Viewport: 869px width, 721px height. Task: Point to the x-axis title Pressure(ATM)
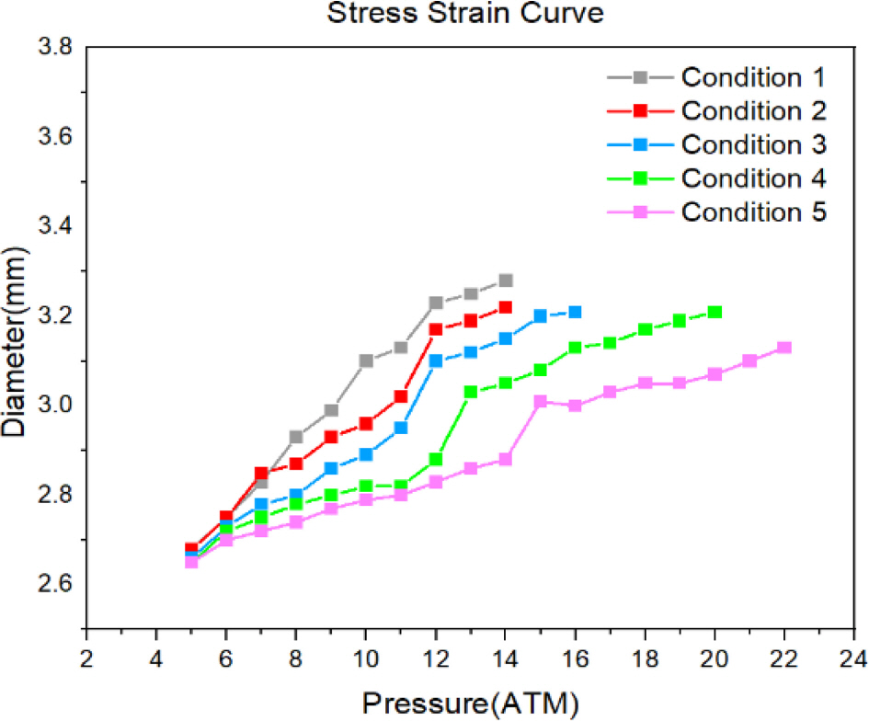click(470, 703)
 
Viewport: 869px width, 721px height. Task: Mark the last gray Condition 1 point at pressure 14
click(505, 280)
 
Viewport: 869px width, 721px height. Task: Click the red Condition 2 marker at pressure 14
click(505, 307)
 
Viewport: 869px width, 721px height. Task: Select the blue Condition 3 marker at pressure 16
click(575, 312)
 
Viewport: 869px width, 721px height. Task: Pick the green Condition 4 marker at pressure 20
click(715, 312)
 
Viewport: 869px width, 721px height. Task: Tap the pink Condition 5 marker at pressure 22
click(784, 348)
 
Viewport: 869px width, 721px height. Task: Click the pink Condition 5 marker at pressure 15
click(540, 402)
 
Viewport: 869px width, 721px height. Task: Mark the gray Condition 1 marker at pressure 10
click(366, 360)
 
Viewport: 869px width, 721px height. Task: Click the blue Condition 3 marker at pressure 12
click(436, 360)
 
